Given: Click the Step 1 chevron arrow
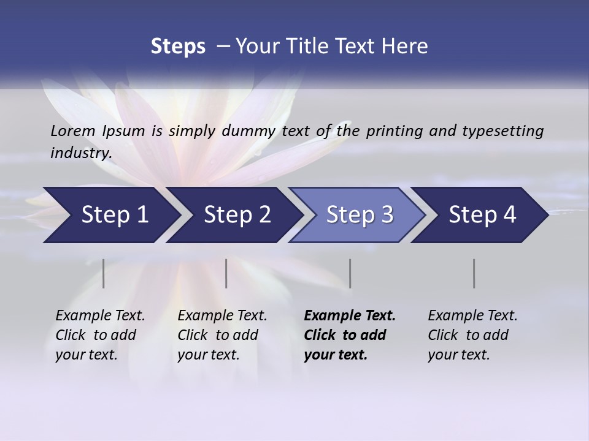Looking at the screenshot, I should [110, 215].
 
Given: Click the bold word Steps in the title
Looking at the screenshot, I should [178, 46].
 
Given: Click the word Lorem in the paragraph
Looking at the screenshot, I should [72, 130].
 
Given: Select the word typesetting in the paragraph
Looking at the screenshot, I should [501, 130].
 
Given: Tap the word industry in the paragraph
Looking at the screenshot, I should [80, 153].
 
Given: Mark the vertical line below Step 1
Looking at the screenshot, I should [104, 273].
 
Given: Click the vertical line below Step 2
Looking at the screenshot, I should [226, 273].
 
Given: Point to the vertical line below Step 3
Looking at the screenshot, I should [350, 273].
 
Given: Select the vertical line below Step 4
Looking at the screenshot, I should [474, 273].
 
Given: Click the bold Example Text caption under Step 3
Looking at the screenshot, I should [349, 335].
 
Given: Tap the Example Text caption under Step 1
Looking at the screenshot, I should [100, 335].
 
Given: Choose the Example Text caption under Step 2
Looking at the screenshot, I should [222, 335].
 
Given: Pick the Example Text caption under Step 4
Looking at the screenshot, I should [472, 335].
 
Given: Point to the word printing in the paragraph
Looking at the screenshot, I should [395, 130].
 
